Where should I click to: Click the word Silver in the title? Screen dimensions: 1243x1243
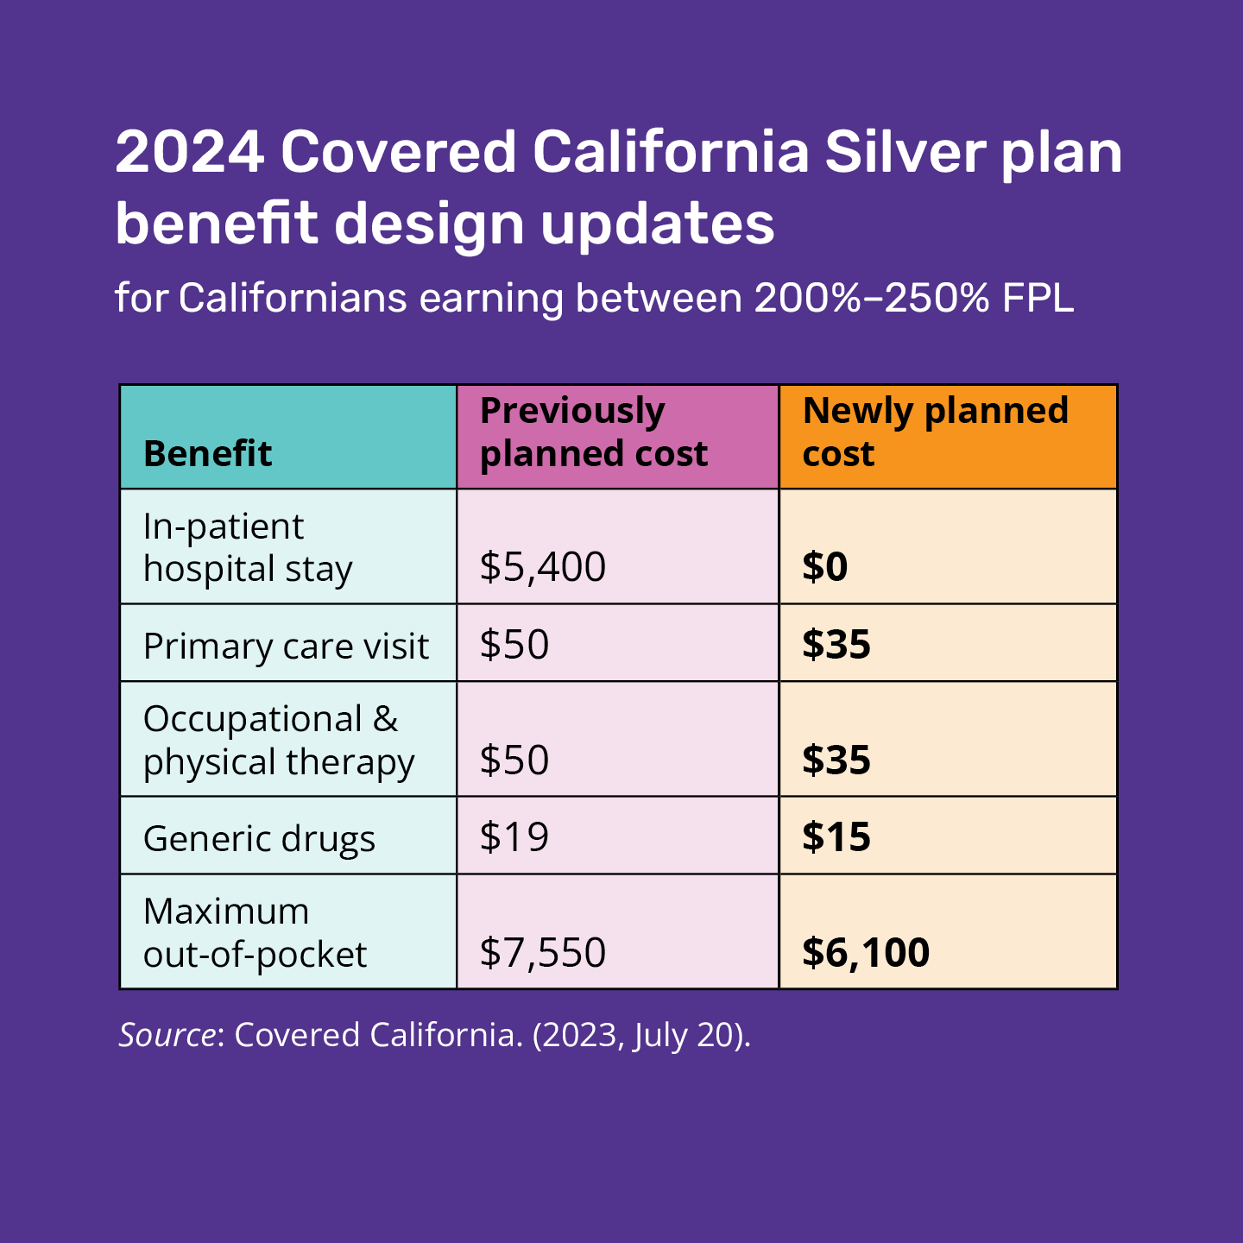[x=904, y=152]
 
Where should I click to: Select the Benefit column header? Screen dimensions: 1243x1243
[x=207, y=453]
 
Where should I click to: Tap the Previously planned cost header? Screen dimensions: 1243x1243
[x=593, y=432]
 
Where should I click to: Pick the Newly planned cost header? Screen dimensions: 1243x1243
[x=935, y=432]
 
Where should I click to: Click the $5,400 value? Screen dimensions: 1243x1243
[x=543, y=567]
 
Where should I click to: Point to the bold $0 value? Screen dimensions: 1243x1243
[x=825, y=567]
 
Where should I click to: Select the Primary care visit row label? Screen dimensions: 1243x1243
[x=286, y=646]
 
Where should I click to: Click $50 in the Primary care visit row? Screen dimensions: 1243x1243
[x=514, y=645]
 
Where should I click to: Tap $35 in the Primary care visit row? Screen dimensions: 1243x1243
[x=836, y=645]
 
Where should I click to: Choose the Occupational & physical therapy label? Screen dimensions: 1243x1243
[x=278, y=741]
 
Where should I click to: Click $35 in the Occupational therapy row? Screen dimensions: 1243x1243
[x=836, y=760]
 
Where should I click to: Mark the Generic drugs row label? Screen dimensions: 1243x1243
[x=259, y=838]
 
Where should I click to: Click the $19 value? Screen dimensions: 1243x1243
[x=514, y=837]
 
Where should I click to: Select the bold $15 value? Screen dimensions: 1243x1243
[x=836, y=837]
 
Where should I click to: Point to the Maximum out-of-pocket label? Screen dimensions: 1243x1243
[x=255, y=932]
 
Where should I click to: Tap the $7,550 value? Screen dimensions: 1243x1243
[x=543, y=952]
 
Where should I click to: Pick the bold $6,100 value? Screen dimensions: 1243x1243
[x=866, y=952]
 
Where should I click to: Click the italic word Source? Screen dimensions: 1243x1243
[x=167, y=1035]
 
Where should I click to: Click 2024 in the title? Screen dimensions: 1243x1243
[x=190, y=152]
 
